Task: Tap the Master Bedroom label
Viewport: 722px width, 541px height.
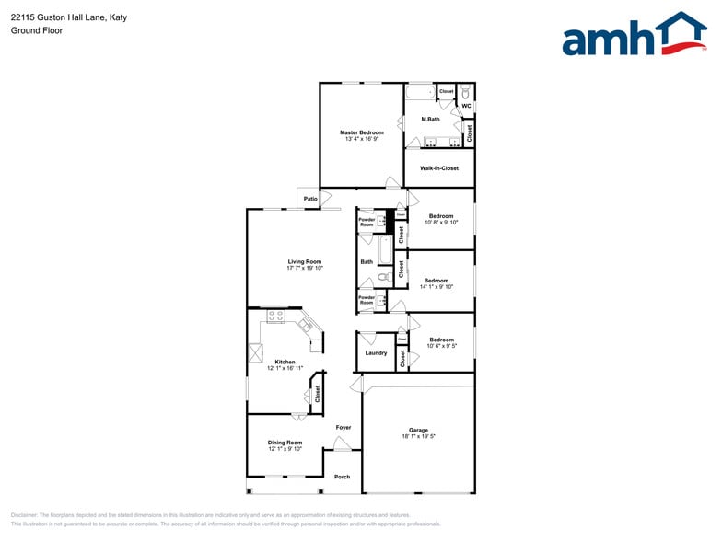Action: tap(361, 132)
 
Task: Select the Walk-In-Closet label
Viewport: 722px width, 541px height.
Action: tap(438, 168)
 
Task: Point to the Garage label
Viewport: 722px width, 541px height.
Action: tap(418, 430)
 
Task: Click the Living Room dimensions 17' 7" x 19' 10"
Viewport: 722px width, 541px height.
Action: tap(304, 268)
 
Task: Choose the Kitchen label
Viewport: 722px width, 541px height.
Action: tap(285, 362)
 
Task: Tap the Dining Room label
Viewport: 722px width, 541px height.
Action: tap(285, 443)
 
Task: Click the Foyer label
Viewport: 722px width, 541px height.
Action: tap(343, 427)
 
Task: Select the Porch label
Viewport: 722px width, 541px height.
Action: tap(342, 477)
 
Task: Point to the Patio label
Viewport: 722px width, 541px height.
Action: tap(310, 199)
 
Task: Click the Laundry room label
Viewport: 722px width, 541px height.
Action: tap(376, 352)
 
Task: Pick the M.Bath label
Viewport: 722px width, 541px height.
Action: tap(430, 120)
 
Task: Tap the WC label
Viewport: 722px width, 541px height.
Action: tap(466, 106)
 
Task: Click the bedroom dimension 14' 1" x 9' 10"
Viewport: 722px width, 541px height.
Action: tap(437, 287)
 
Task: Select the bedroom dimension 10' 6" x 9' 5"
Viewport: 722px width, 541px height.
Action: tap(441, 346)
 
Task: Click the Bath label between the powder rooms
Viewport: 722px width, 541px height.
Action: tap(367, 262)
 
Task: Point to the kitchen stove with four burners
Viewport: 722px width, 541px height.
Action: tap(275, 317)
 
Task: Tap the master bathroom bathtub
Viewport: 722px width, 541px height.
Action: tap(420, 92)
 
